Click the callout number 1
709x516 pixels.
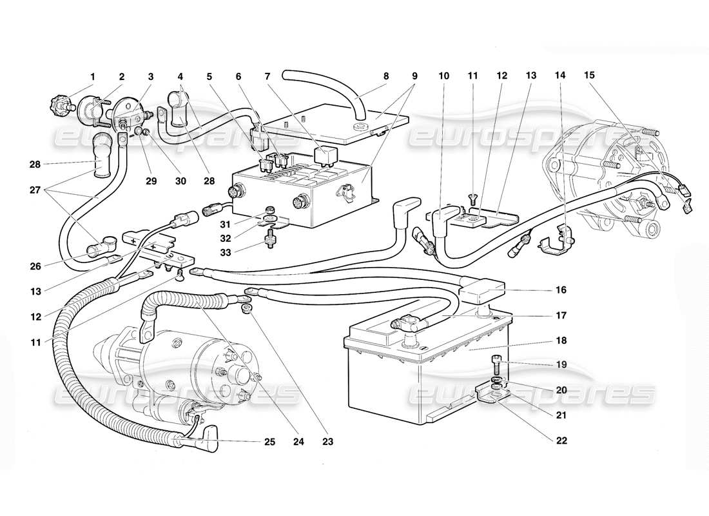(92, 77)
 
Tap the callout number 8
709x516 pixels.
(386, 77)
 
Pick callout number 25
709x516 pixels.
(269, 442)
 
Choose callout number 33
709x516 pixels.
(226, 253)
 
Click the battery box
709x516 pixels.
(425, 368)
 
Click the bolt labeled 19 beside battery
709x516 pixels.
(496, 361)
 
